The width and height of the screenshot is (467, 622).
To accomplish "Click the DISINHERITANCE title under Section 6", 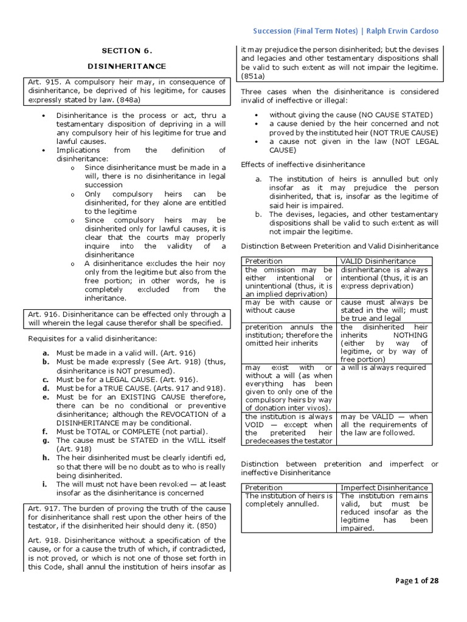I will click(126, 66).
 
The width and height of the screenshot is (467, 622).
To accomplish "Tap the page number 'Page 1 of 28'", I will click(417, 581).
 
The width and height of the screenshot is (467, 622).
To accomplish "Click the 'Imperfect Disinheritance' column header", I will click(384, 488).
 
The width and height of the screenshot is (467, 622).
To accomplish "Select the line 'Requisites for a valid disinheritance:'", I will click(89, 338).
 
